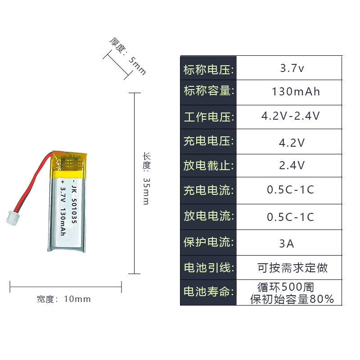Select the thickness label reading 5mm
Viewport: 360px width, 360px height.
[137, 66]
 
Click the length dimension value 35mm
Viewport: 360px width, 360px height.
[146, 191]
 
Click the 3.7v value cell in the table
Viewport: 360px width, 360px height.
[292, 68]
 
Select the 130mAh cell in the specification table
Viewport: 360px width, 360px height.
[296, 92]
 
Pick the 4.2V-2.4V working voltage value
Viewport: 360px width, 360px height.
[291, 116]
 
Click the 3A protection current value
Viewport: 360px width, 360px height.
[287, 244]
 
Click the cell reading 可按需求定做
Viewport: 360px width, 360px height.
[292, 268]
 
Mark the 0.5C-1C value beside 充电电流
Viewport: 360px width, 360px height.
[291, 189]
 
